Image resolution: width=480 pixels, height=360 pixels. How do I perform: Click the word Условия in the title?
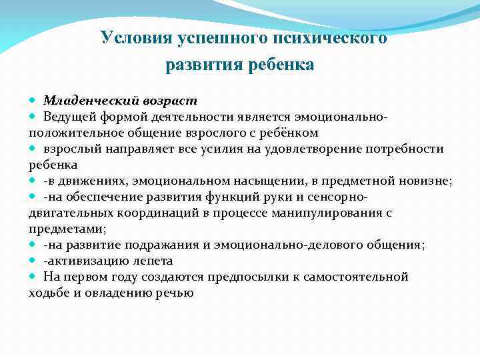[x=136, y=38]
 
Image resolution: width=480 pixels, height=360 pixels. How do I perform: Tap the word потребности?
[x=404, y=148]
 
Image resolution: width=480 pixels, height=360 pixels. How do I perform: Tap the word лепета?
[x=153, y=261]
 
